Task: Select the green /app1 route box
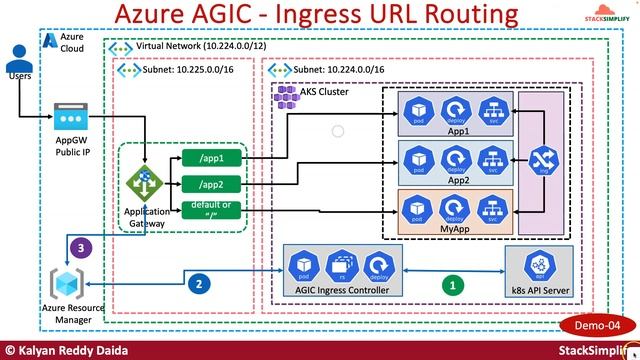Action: (211, 158)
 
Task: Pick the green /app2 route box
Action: (211, 183)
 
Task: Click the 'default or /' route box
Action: (211, 209)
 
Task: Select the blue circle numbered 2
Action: (200, 283)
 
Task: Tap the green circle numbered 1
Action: (453, 283)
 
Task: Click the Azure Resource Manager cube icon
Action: (68, 281)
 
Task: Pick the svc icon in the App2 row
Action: (490, 158)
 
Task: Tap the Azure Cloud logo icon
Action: (51, 40)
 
